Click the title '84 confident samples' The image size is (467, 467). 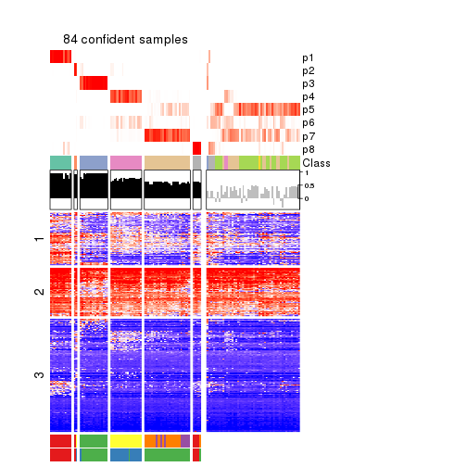(125, 40)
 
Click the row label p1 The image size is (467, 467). (308, 57)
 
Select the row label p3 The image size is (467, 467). (308, 83)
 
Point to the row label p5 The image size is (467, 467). (308, 109)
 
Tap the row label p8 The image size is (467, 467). (308, 149)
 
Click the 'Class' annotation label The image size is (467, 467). (315, 163)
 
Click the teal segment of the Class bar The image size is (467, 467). (60, 163)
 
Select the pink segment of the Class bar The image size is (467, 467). (126, 163)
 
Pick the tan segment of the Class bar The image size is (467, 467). (167, 163)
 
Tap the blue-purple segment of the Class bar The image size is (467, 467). (94, 163)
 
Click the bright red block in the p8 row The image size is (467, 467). (196, 149)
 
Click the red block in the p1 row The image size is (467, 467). (60, 57)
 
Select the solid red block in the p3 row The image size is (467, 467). (94, 83)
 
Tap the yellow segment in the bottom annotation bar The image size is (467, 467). (126, 441)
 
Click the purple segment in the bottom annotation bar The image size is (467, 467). (185, 441)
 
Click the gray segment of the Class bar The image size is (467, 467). (196, 163)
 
